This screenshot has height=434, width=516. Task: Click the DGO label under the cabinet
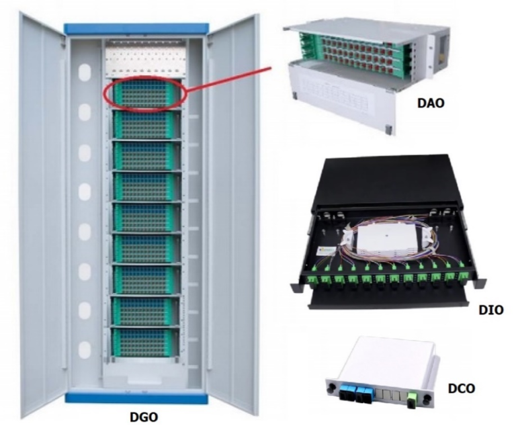[144, 417]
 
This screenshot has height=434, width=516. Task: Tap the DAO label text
[431, 103]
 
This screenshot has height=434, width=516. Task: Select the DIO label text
[491, 310]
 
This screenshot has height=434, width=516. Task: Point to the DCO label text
[462, 388]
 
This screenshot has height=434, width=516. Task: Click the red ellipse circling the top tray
[145, 93]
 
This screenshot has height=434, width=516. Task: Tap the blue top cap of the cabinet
[136, 29]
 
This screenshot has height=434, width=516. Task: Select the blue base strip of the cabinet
[136, 398]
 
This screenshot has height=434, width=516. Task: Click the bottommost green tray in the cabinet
[146, 342]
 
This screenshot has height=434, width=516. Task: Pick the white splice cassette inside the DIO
[386, 242]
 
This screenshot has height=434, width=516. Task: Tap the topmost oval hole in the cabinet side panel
[85, 72]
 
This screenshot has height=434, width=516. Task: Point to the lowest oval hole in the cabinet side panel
[85, 349]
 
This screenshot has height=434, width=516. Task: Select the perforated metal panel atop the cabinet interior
[144, 58]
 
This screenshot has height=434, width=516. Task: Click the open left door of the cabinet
[42, 214]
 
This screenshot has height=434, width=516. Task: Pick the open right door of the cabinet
[232, 214]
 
